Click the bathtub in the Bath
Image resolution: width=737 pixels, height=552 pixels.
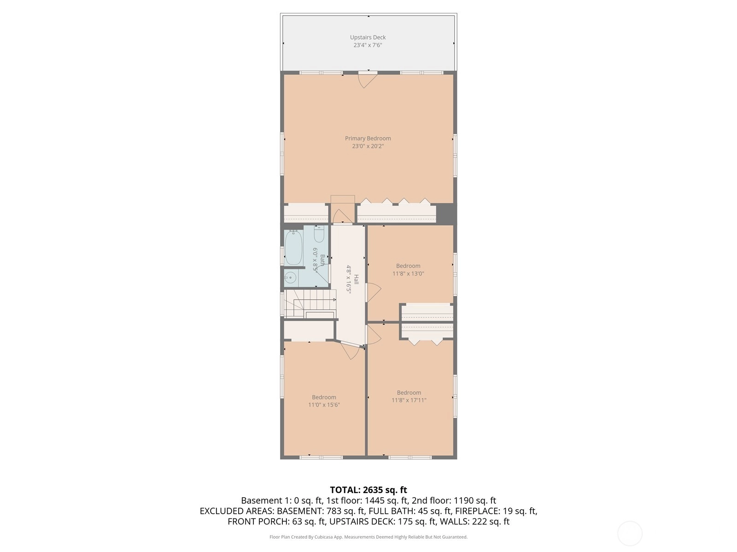293,247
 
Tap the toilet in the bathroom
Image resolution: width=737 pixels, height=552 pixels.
319,234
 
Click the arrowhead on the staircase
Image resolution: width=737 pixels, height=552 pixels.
334,299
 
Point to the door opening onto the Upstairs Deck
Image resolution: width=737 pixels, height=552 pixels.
368,80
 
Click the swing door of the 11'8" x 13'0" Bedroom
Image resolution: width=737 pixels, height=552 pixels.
373,292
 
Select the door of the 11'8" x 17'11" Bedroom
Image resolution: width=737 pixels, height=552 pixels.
374,334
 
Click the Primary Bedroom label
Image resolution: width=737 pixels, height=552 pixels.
368,138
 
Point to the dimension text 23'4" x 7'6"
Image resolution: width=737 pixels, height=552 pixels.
368,45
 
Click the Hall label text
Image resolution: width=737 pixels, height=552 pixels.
356,280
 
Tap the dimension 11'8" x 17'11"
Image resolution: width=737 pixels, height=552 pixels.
409,400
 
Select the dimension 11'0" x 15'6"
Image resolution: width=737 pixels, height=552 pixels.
324,404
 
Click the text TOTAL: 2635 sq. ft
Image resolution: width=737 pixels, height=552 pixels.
368,489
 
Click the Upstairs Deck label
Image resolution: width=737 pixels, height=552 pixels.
368,37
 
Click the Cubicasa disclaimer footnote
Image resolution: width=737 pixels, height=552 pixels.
368,537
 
